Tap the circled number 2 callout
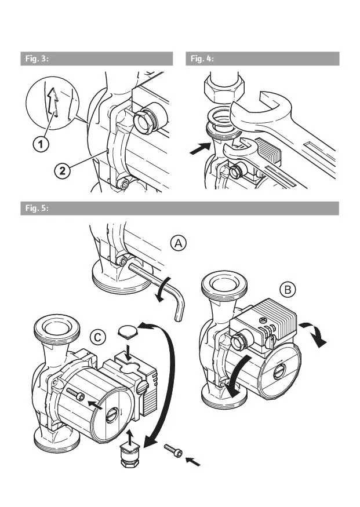click(x=63, y=170)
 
